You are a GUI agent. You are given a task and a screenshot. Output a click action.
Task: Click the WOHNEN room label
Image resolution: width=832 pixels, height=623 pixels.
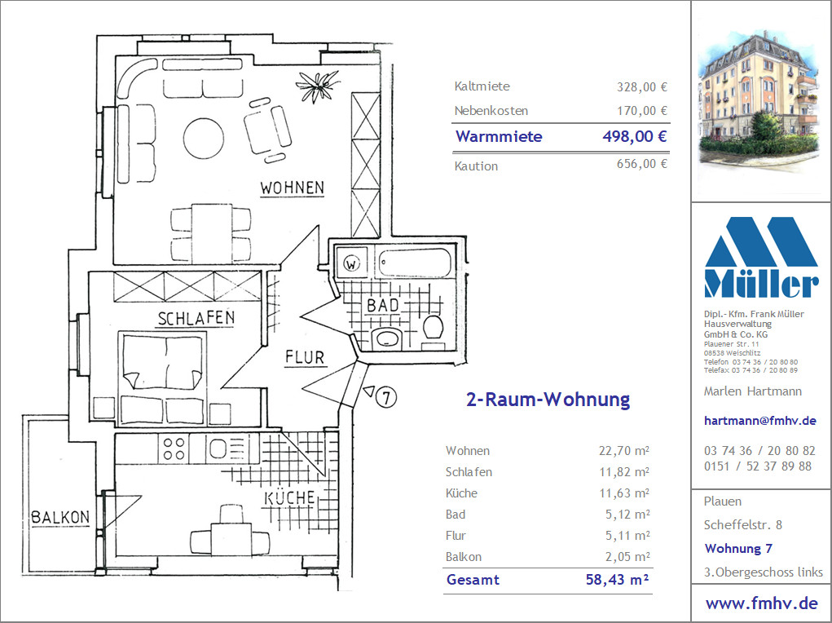point(292,188)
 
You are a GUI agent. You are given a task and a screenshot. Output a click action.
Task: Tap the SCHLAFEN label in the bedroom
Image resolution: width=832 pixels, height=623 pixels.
point(196,318)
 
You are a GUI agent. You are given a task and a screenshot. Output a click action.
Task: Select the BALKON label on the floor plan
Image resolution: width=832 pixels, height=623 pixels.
point(60,517)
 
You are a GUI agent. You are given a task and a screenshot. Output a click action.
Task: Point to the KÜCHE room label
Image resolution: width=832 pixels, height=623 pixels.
point(290,498)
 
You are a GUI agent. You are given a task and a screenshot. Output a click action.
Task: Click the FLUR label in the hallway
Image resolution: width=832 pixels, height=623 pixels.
point(305,357)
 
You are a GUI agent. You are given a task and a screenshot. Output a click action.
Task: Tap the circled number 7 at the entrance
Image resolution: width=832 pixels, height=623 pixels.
point(386,397)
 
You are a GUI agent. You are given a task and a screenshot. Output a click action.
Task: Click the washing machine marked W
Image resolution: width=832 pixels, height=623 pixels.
point(350,262)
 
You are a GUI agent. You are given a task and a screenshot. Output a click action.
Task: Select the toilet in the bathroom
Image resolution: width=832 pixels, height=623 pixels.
point(433,327)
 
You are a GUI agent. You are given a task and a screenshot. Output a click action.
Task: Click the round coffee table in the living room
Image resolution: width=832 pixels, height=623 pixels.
point(203,138)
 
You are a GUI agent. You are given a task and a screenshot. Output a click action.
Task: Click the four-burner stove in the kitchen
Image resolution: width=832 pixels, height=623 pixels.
point(174,448)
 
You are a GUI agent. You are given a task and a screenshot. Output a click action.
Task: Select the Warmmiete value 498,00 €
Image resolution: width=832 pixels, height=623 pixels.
point(635,136)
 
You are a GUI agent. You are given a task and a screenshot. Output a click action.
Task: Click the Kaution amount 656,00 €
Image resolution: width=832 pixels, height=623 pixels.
point(641,164)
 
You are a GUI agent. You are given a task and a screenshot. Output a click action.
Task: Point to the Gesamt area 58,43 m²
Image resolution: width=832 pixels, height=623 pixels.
point(617,580)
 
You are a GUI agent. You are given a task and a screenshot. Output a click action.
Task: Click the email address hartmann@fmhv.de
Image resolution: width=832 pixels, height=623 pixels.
point(759,421)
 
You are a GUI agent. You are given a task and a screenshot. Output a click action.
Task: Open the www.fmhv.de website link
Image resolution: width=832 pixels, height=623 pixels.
point(761,603)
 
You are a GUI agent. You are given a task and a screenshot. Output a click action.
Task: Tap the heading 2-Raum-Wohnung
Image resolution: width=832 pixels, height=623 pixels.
point(548,400)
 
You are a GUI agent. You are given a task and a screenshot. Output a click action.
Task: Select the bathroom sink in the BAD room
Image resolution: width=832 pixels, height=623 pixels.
point(387,338)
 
